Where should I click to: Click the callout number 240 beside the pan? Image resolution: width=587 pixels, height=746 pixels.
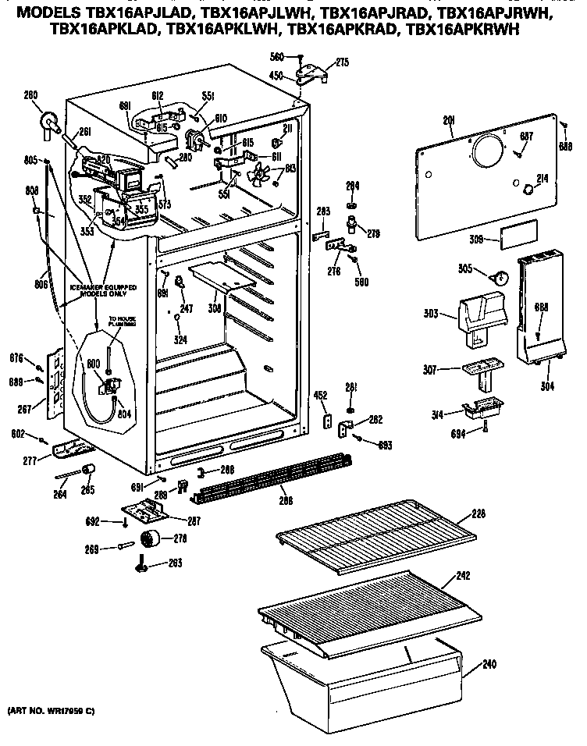pos(489,665)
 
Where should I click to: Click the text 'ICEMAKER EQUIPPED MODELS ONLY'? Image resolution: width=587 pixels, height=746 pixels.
pos(103,291)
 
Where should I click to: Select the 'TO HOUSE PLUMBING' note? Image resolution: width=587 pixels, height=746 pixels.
pos(122,321)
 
